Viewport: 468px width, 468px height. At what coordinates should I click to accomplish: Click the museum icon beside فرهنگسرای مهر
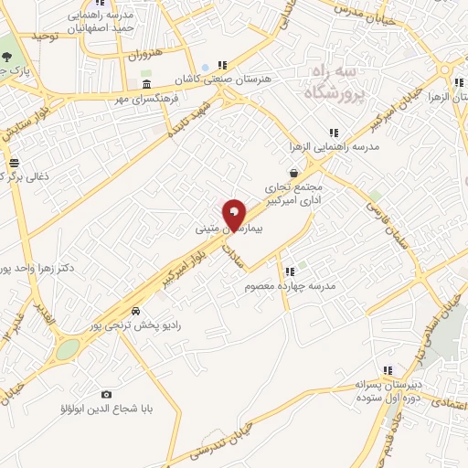[147, 86]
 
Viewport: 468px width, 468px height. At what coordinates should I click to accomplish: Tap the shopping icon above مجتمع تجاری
[292, 172]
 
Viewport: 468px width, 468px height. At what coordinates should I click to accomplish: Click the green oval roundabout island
[67, 349]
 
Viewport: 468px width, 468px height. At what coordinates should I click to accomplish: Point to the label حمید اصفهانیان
[101, 28]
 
